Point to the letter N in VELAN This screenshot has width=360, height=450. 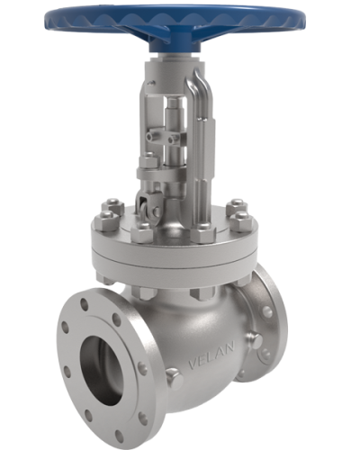click(x=232, y=355)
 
